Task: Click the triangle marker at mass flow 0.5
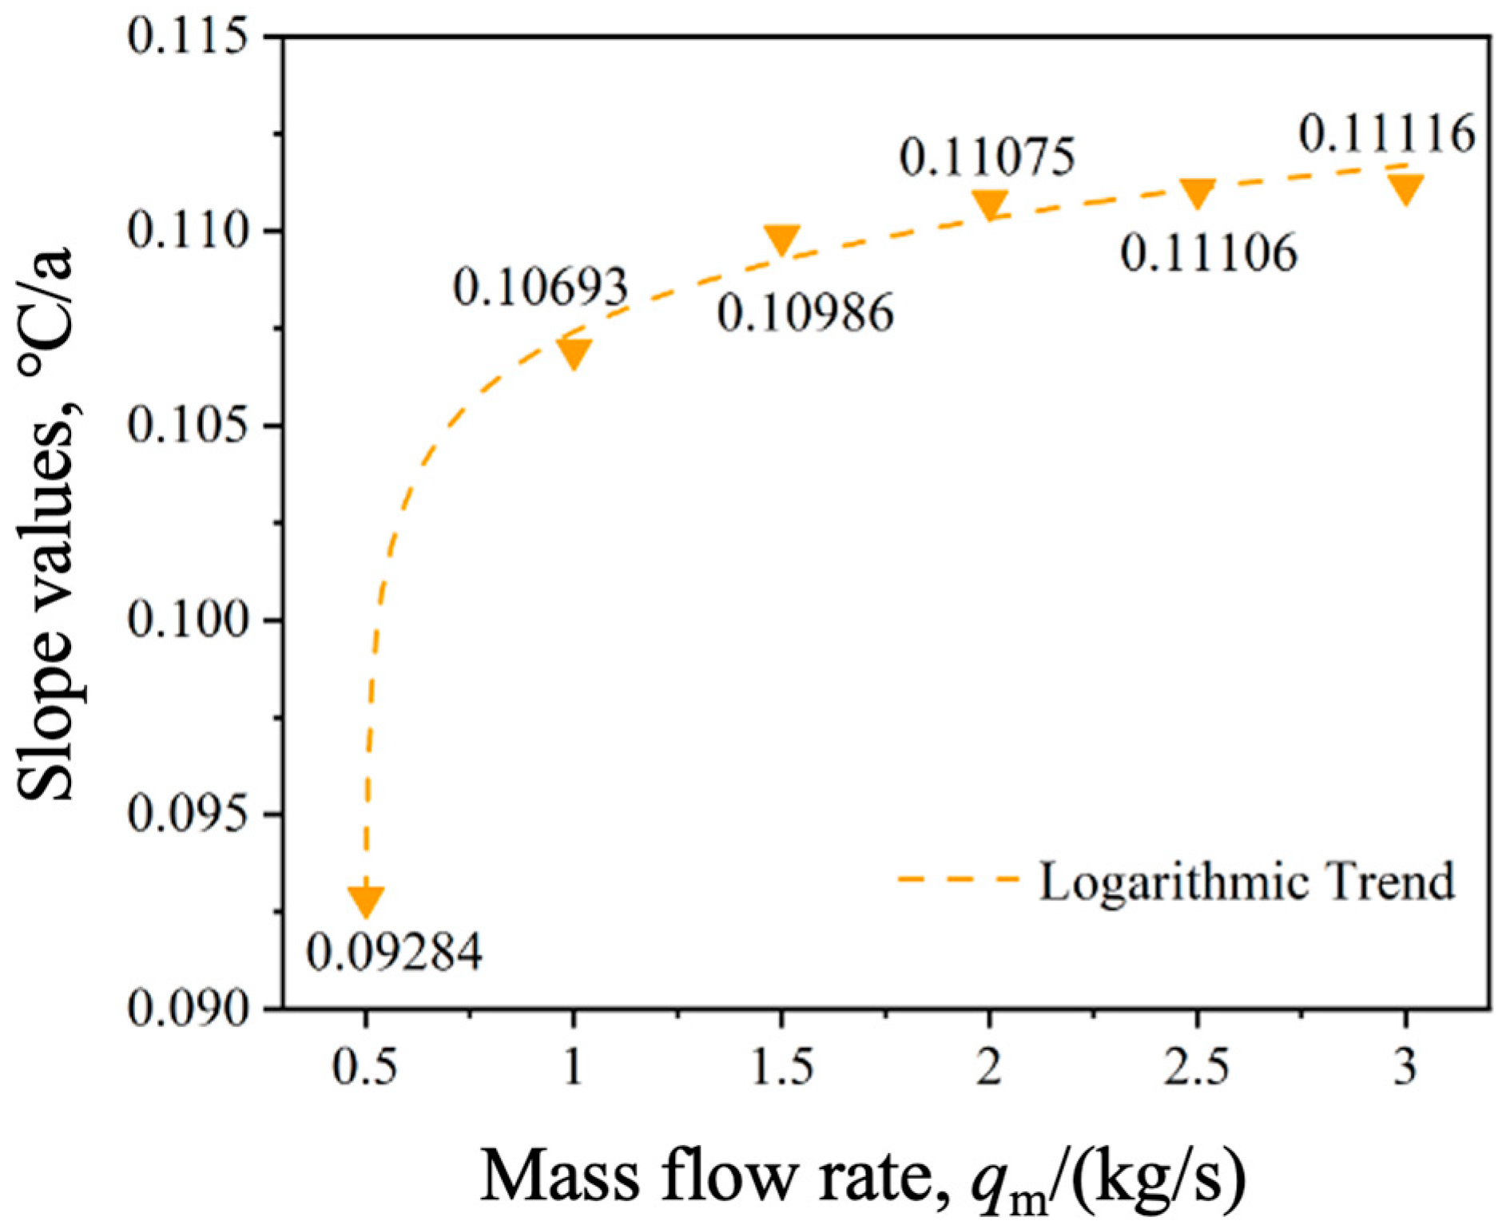tap(366, 900)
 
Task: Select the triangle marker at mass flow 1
tap(574, 353)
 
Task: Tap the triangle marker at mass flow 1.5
tap(781, 239)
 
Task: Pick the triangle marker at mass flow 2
tap(989, 204)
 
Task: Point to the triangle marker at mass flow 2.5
tap(1197, 192)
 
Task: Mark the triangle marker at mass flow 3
tap(1405, 188)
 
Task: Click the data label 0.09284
tap(395, 952)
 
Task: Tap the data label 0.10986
tap(805, 312)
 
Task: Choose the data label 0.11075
tap(987, 157)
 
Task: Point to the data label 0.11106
tap(1209, 254)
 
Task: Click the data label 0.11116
tap(1386, 133)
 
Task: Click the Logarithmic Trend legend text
tap(1246, 882)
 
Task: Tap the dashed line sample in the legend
tap(958, 879)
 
